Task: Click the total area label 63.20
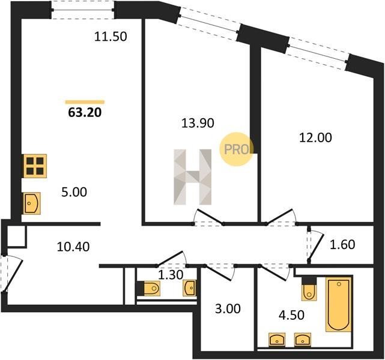[85, 113]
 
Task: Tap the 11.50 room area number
[111, 37]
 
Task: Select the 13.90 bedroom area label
[198, 123]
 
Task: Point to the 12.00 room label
[315, 137]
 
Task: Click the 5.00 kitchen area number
[74, 192]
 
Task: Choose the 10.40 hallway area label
[73, 247]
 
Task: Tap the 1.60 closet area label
[342, 244]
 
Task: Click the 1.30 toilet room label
[171, 275]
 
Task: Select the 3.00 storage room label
[228, 309]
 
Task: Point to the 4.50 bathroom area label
[292, 315]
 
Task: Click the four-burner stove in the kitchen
[35, 166]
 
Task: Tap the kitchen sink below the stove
[32, 203]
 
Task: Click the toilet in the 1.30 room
[150, 288]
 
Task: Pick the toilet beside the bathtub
[309, 289]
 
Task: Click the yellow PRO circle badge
[236, 149]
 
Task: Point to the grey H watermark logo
[192, 177]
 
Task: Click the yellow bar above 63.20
[85, 102]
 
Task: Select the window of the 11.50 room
[83, 10]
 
